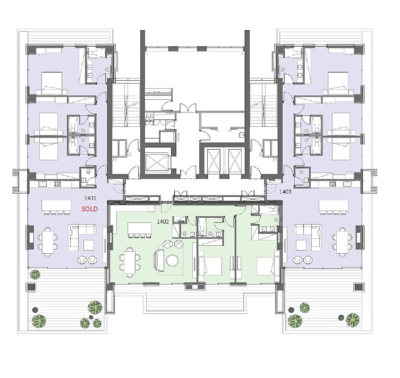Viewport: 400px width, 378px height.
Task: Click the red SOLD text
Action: pos(90,209)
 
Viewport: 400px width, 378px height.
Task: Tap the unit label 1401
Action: pos(90,198)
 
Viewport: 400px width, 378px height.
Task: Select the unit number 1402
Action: pos(163,221)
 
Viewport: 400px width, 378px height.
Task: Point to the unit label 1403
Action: pos(285,192)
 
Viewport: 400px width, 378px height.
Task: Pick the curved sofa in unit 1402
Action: pos(159,261)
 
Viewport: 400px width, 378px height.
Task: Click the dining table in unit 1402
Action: pos(130,262)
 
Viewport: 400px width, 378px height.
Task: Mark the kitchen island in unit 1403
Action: pos(334,205)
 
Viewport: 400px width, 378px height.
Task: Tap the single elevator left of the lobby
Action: pos(157,162)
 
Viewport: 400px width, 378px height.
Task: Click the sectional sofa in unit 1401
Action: pos(82,236)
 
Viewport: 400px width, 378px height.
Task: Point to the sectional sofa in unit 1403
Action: pos(308,236)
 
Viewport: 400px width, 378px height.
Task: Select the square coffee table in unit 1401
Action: pos(89,245)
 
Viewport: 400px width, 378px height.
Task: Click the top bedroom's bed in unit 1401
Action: pos(52,83)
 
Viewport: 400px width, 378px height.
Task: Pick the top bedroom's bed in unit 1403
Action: pos(338,83)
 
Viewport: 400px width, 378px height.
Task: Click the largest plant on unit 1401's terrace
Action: pos(95,307)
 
